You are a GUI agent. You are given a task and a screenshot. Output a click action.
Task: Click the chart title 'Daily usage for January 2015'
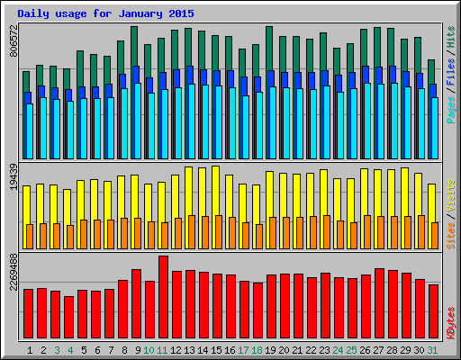[105, 14]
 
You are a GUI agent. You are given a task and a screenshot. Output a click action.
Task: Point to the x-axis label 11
[163, 350]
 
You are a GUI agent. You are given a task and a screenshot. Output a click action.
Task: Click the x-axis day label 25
[352, 350]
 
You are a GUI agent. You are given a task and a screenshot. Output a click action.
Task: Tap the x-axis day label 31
[433, 350]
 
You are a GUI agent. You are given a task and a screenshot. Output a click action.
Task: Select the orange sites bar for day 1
[30, 236]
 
